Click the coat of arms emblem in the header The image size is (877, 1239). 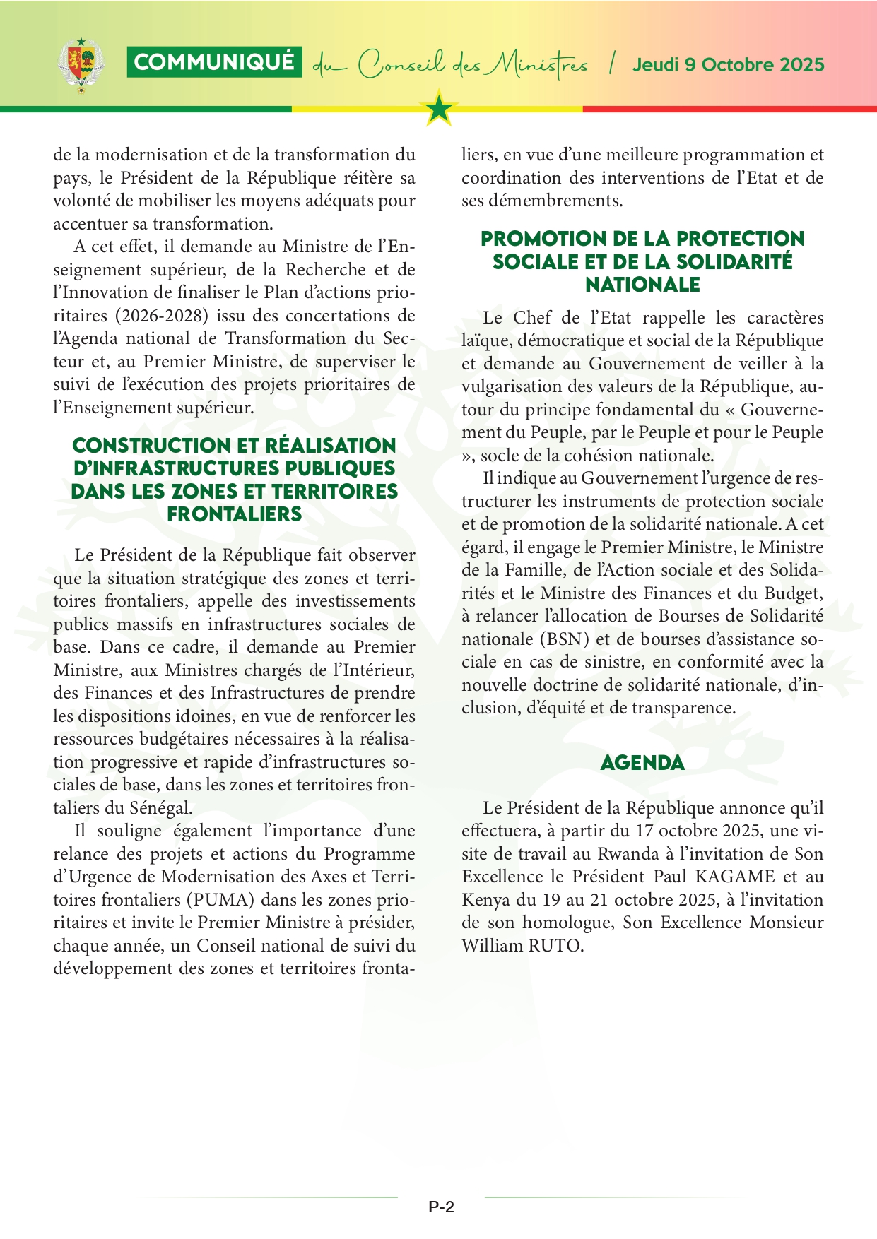81,66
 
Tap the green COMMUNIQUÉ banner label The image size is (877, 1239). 214,62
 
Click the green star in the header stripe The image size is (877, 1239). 440,109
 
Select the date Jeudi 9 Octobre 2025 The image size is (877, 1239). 728,65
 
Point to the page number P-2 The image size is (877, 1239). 441,1207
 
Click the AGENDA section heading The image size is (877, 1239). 642,763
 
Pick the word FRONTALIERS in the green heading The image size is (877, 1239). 235,514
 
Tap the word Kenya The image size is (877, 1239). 486,900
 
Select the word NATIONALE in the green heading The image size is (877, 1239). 642,285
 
